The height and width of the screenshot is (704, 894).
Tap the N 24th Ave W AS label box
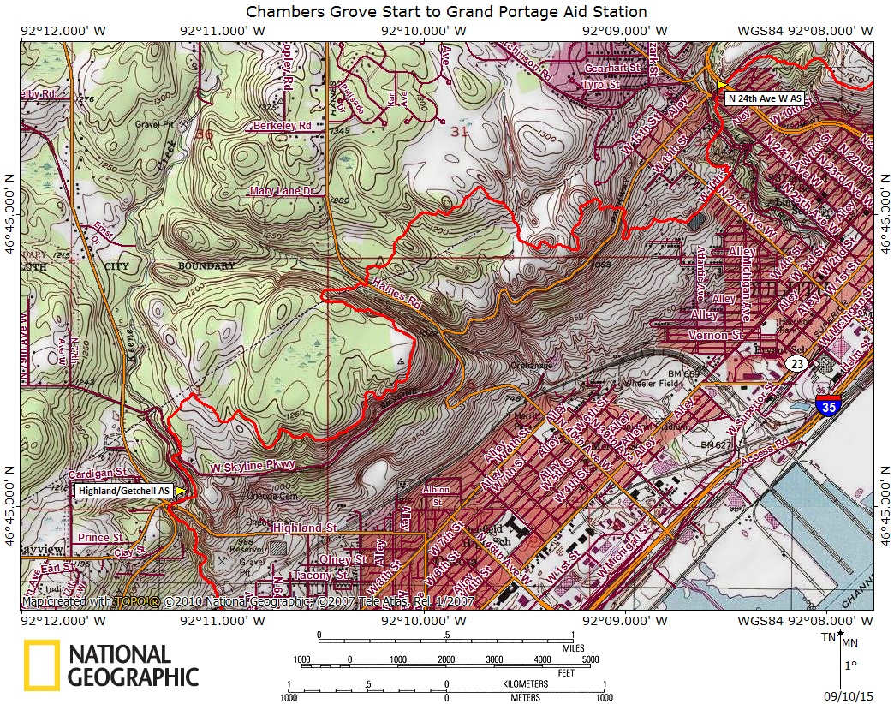click(766, 98)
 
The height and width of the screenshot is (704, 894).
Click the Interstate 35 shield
click(828, 409)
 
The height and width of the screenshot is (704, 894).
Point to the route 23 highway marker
click(796, 364)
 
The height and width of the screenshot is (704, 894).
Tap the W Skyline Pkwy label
click(253, 465)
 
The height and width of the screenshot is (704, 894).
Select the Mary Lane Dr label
click(281, 191)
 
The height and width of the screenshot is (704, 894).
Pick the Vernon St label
click(716, 336)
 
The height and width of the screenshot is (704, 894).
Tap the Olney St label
click(342, 559)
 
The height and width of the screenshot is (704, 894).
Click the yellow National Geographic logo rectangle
click(41, 665)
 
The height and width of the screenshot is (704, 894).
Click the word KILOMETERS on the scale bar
click(525, 683)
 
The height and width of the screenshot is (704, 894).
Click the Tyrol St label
click(601, 86)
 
